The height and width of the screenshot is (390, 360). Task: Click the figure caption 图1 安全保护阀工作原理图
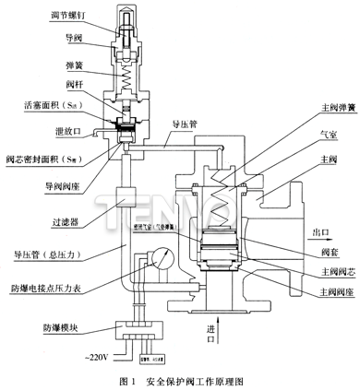coord(179,379)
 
